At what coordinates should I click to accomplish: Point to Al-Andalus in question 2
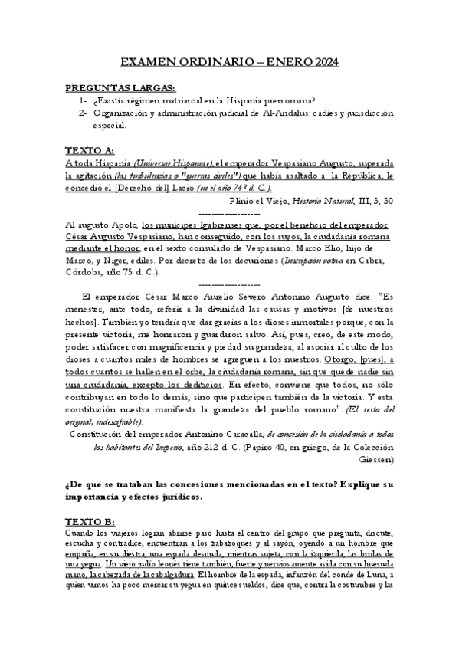[x=285, y=113]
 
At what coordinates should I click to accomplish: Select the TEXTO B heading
[x=90, y=520]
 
